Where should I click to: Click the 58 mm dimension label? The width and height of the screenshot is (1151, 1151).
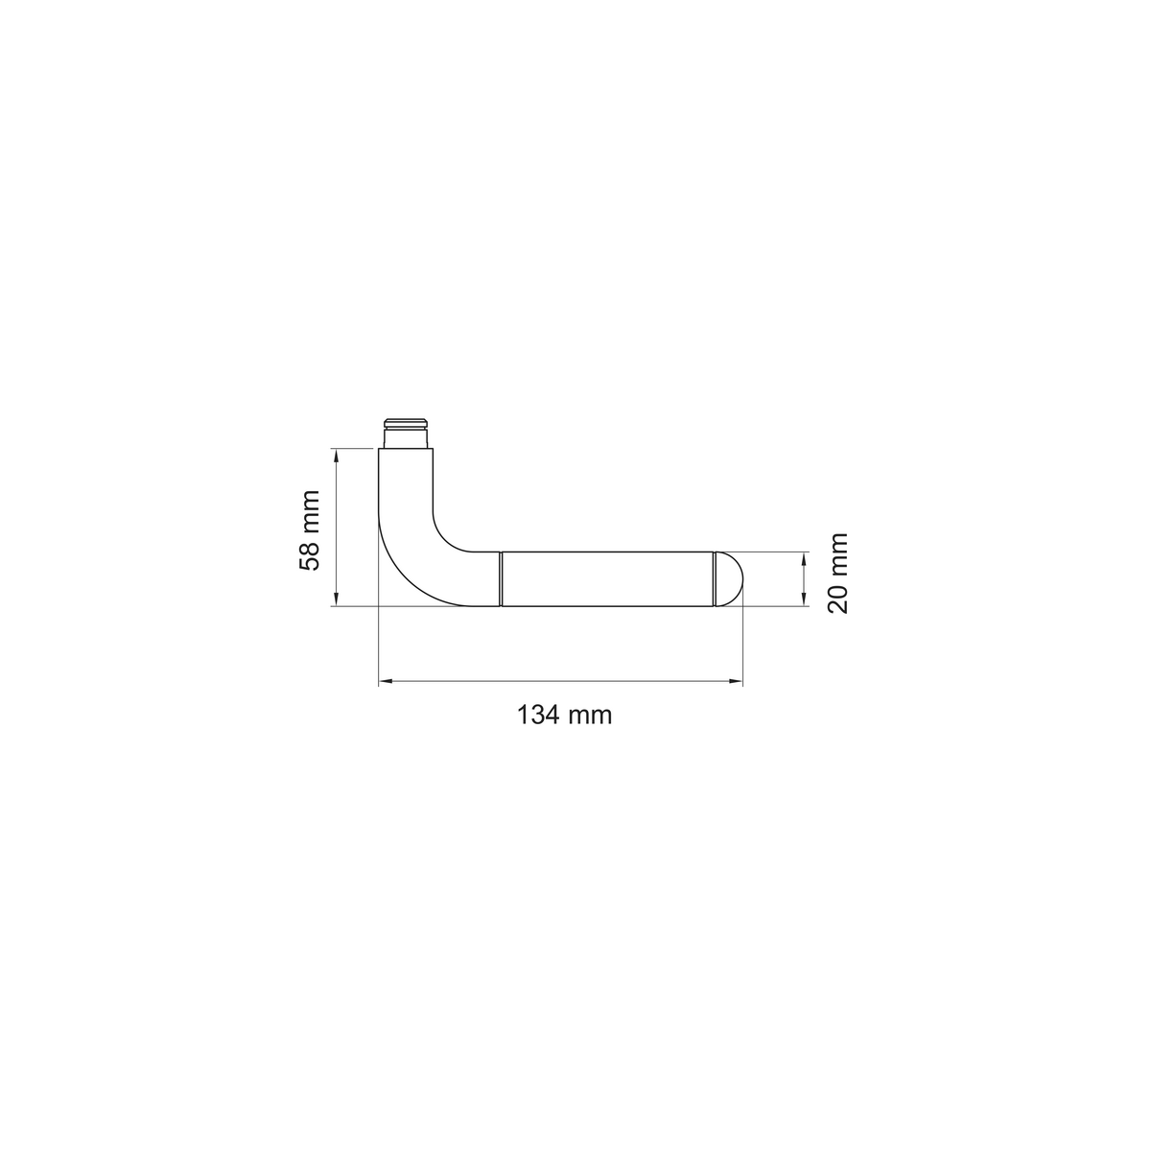click(310, 529)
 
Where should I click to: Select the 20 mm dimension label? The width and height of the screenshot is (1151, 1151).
click(837, 573)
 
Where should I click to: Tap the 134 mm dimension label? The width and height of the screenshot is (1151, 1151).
click(564, 715)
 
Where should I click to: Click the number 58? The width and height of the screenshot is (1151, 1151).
click(310, 556)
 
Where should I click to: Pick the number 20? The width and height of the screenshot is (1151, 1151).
click(837, 599)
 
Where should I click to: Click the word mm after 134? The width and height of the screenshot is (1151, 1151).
click(590, 716)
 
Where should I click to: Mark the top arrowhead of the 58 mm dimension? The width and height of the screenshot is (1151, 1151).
click(337, 456)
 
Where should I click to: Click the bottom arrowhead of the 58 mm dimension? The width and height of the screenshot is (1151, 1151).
click(337, 599)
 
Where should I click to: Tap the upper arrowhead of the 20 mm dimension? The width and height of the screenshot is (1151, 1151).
click(804, 559)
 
